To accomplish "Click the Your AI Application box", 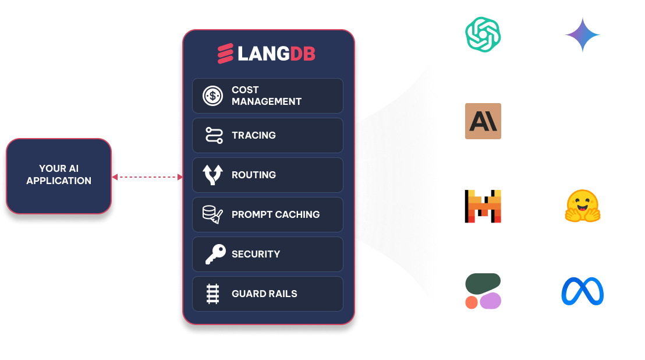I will pos(58,175).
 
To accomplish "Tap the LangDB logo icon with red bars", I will pos(225,54).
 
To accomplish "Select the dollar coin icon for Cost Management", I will pos(212,96).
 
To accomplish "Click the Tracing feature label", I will pos(253,135).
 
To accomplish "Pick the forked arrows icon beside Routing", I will pos(212,175).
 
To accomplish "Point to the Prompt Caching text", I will pos(275,214).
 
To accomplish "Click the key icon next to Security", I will pos(214,255).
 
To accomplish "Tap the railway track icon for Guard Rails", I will pos(212,294).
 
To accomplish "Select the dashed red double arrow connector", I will pos(147,177).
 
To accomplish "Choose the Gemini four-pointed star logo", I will pos(582,35).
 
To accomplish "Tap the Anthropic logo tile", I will pos(483,121).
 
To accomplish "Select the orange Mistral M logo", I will pos(483,206).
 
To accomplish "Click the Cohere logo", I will pos(483,291).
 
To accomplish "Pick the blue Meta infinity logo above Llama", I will pos(582,291).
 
